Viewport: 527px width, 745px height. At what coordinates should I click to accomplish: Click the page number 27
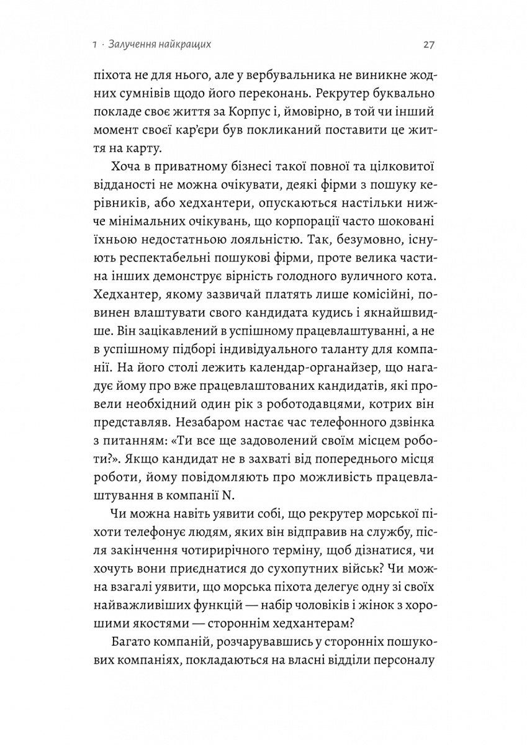pyautogui.click(x=428, y=45)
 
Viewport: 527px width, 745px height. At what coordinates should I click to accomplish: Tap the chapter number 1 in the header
pyautogui.click(x=92, y=45)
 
